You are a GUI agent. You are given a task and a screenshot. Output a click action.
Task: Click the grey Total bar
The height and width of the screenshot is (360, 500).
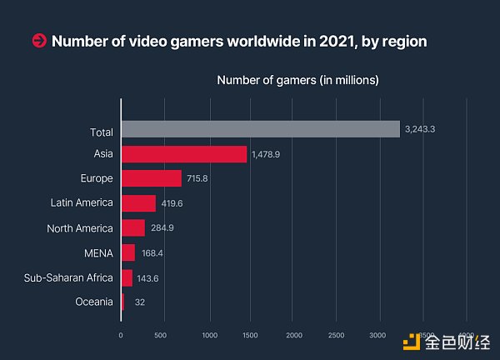[x=260, y=129]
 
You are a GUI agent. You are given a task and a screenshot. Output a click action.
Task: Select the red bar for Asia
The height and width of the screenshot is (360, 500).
[x=184, y=154]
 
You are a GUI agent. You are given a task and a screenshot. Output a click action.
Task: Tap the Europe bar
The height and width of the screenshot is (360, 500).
[x=151, y=178]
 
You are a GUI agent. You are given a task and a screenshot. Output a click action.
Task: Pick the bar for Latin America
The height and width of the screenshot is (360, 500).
[x=138, y=203]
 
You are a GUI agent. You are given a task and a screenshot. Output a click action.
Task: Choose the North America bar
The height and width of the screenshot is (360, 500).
[x=133, y=227]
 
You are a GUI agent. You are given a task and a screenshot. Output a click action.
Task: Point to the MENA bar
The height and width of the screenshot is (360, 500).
[x=128, y=252]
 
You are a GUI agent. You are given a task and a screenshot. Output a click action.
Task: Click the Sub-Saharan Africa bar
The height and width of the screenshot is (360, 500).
[x=127, y=277]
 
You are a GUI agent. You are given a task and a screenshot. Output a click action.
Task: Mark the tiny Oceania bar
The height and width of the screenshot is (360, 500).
[x=122, y=302]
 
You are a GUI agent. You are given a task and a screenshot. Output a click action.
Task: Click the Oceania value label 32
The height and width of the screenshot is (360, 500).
[x=139, y=302]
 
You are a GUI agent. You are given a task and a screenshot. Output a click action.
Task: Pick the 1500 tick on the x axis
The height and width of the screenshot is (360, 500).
[x=251, y=336]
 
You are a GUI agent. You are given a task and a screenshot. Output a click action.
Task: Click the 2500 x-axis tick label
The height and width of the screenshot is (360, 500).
[x=337, y=336]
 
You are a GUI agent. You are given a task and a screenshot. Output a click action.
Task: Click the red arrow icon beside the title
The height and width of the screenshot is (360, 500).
[x=38, y=40]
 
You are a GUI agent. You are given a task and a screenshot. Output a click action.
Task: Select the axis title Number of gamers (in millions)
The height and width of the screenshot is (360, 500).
[x=297, y=80]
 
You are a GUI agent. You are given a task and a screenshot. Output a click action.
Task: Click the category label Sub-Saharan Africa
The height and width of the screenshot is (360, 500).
[x=68, y=277]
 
